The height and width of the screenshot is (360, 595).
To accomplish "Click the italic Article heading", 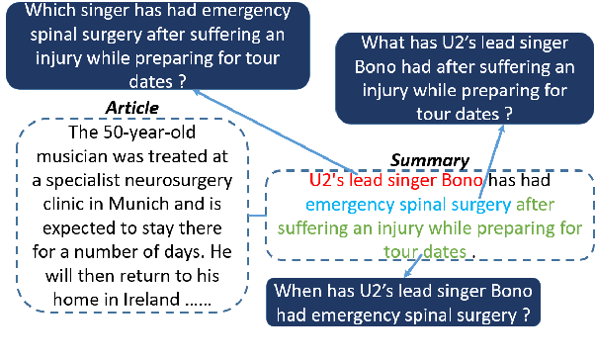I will click(132, 107).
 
